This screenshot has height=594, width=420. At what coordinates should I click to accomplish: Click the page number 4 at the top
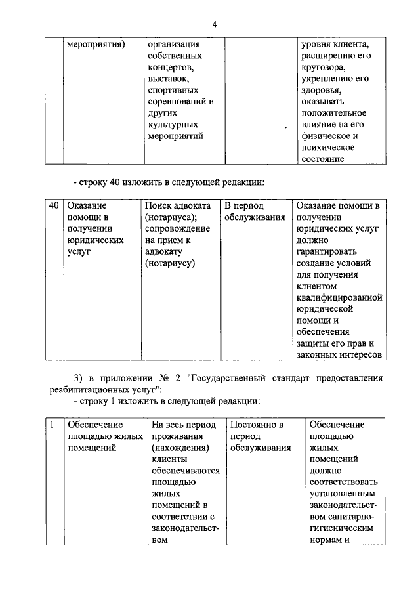[x=214, y=24]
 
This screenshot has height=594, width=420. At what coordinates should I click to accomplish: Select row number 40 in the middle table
[x=54, y=205]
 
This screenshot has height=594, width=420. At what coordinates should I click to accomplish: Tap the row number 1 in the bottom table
[x=52, y=425]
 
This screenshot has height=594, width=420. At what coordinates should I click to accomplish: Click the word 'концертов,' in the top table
[x=171, y=68]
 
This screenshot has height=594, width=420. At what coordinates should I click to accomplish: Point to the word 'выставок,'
[x=167, y=79]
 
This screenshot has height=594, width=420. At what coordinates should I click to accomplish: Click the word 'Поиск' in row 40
[x=159, y=205]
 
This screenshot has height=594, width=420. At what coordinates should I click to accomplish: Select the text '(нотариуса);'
[x=172, y=217]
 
